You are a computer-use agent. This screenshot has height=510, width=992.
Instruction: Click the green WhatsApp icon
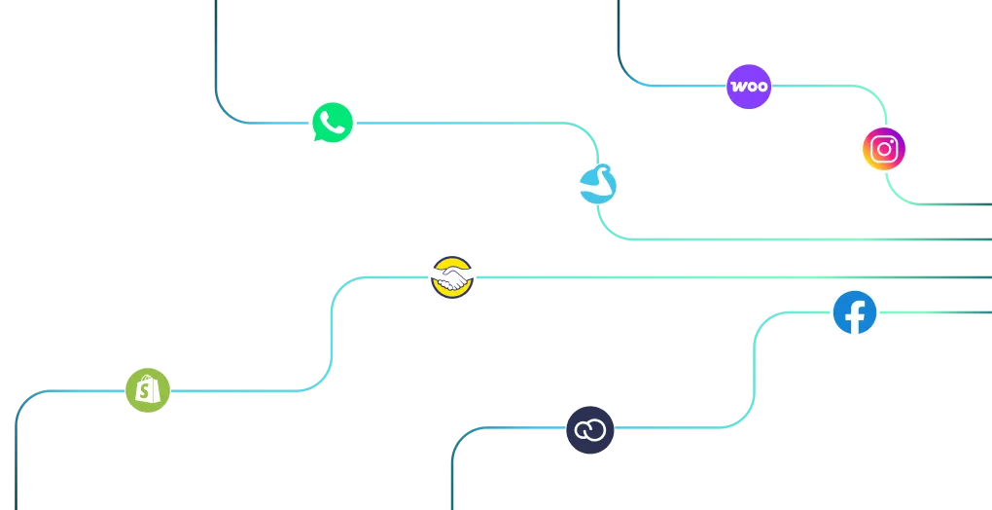coord(333,122)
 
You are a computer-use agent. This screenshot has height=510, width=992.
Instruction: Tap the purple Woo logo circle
coord(749,86)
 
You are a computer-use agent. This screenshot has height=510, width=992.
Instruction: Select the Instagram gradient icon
coord(884,149)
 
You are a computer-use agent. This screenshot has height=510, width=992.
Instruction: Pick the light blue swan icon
coord(598,184)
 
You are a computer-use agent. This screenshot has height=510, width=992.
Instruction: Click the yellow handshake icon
coord(451,277)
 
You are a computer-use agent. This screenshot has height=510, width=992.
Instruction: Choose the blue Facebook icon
coord(855,312)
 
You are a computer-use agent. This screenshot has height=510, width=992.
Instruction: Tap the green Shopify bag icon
coord(148,390)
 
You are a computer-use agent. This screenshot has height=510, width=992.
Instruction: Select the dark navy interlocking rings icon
coord(590,430)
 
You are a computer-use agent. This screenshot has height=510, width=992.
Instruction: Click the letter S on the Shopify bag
coord(147,391)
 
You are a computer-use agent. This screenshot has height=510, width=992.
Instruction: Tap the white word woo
coord(749,86)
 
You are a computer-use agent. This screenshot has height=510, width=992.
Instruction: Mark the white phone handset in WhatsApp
coord(333,122)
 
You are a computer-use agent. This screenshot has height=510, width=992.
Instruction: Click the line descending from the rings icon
coord(454,455)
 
